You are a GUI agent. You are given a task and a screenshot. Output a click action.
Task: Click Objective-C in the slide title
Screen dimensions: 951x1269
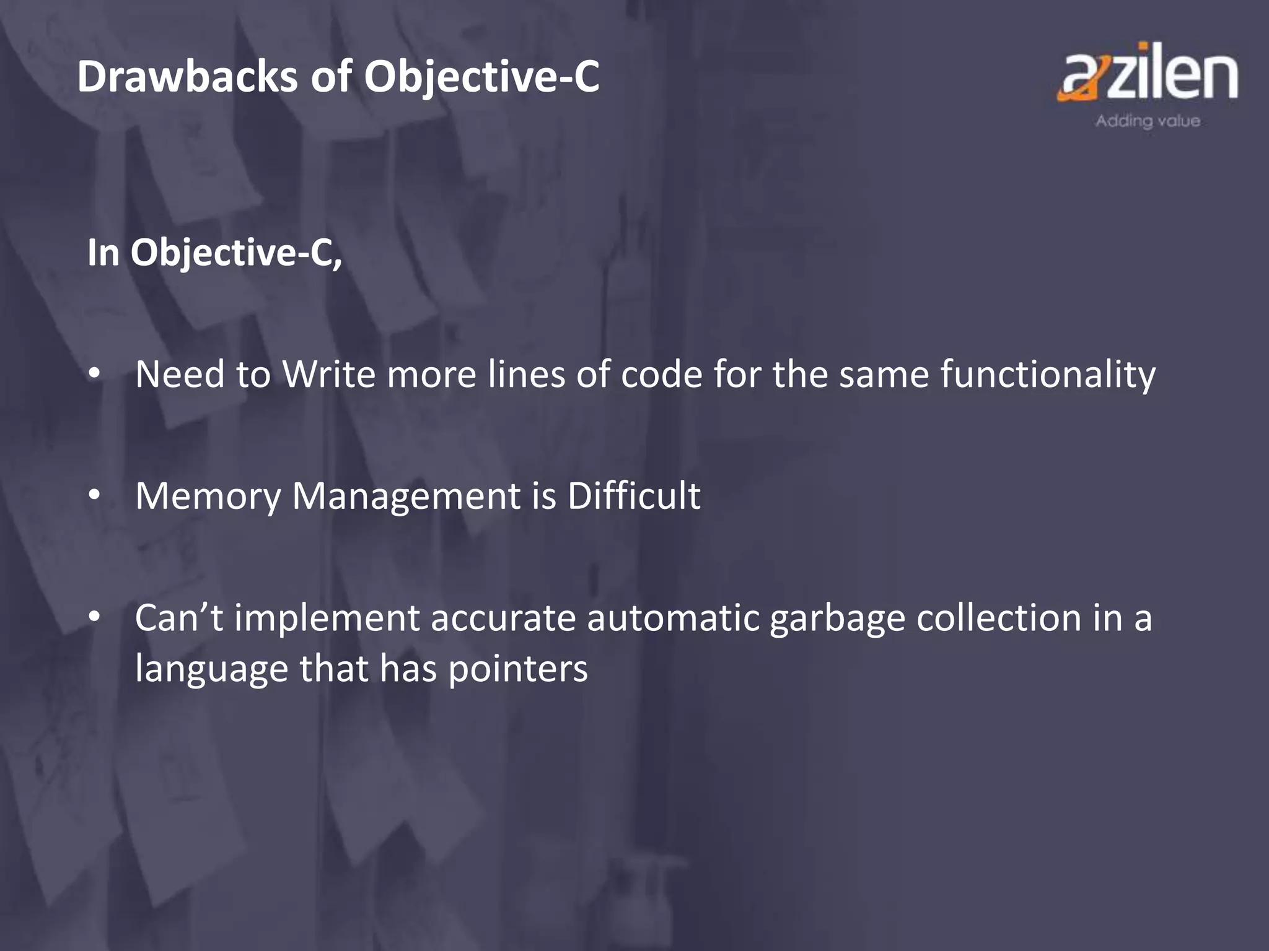click(481, 78)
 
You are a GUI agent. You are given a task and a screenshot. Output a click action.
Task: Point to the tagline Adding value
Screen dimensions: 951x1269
click(1147, 121)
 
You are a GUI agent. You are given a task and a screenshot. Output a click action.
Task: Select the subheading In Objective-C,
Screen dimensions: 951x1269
click(214, 254)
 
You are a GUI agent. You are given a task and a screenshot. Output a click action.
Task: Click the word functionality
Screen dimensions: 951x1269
click(1047, 375)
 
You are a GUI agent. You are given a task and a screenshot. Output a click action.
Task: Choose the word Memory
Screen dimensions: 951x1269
click(208, 497)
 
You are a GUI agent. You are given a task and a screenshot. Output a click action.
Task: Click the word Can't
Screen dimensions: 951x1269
click(178, 618)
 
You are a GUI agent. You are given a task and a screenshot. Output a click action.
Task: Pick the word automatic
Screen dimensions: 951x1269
click(673, 618)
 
